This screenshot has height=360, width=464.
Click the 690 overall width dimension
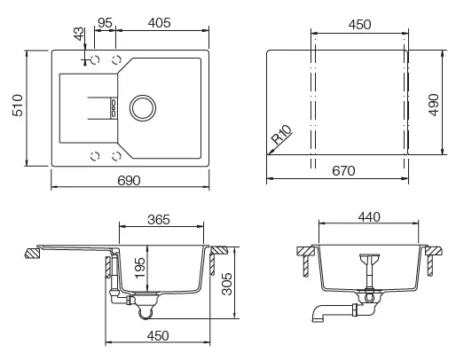129,181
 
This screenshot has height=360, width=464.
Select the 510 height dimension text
18,106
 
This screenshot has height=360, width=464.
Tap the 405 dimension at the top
160,23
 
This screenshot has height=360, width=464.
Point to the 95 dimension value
105,23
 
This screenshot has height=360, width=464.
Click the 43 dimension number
79,34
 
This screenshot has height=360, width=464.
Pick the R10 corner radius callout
282,135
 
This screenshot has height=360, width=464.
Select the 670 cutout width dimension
343,171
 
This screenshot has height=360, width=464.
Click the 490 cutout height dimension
434,105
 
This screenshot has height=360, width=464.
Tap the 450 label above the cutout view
359,25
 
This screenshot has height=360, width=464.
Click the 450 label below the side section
158,336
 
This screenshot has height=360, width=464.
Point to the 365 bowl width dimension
159,220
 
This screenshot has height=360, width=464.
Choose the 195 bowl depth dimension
140,268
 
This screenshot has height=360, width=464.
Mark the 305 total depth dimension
227,284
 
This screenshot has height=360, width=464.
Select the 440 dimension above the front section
369,217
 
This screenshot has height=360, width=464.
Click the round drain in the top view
143,108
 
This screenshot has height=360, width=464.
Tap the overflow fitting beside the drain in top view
114,108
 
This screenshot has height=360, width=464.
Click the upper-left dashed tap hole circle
95,59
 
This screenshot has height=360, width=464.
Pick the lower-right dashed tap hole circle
116,156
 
